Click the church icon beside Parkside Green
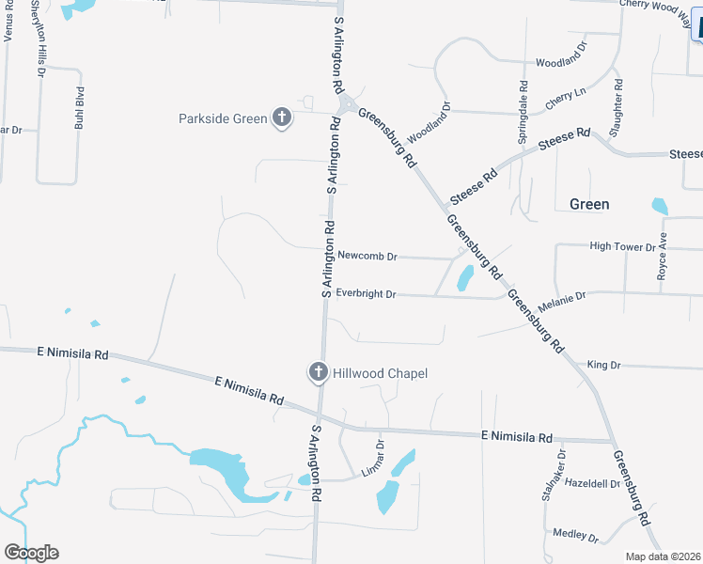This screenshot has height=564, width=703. click(281, 117)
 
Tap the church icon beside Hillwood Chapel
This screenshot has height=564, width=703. click(319, 373)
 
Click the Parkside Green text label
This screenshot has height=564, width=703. click(224, 118)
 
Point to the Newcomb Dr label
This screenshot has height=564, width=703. click(367, 256)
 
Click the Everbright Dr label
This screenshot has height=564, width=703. click(366, 294)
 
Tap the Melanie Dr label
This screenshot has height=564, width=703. click(561, 297)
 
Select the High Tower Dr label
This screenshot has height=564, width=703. click(621, 246)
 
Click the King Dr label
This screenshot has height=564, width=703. click(603, 365)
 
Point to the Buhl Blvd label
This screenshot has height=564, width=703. click(80, 107)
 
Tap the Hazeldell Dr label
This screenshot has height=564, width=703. click(593, 483)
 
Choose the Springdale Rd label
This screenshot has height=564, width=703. click(523, 111)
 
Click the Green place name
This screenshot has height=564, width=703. click(589, 204)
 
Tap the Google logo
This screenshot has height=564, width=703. click(31, 553)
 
